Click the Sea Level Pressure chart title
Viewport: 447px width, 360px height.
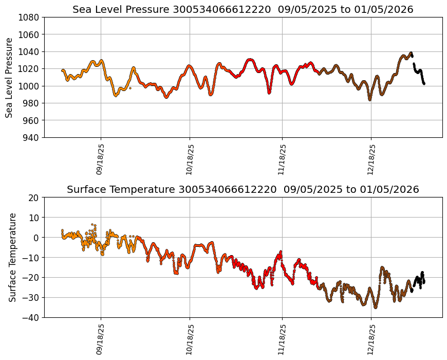(x=243, y=9)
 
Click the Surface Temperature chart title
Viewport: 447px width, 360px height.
(x=243, y=189)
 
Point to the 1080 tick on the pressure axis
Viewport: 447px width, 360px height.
(x=30, y=17)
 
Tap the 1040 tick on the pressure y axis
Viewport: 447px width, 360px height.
(x=30, y=51)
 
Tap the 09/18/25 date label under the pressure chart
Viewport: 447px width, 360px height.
(x=100, y=159)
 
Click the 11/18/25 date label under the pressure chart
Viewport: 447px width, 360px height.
(x=282, y=159)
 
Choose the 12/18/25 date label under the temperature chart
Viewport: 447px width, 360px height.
(x=371, y=339)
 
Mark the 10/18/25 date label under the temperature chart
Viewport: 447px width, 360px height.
(x=190, y=339)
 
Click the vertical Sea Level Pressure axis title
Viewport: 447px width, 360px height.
(x=10, y=77)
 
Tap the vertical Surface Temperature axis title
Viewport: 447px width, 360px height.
(x=12, y=257)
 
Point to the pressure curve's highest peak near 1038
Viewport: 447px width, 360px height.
(x=411, y=53)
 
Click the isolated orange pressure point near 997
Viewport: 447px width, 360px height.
(x=130, y=88)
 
